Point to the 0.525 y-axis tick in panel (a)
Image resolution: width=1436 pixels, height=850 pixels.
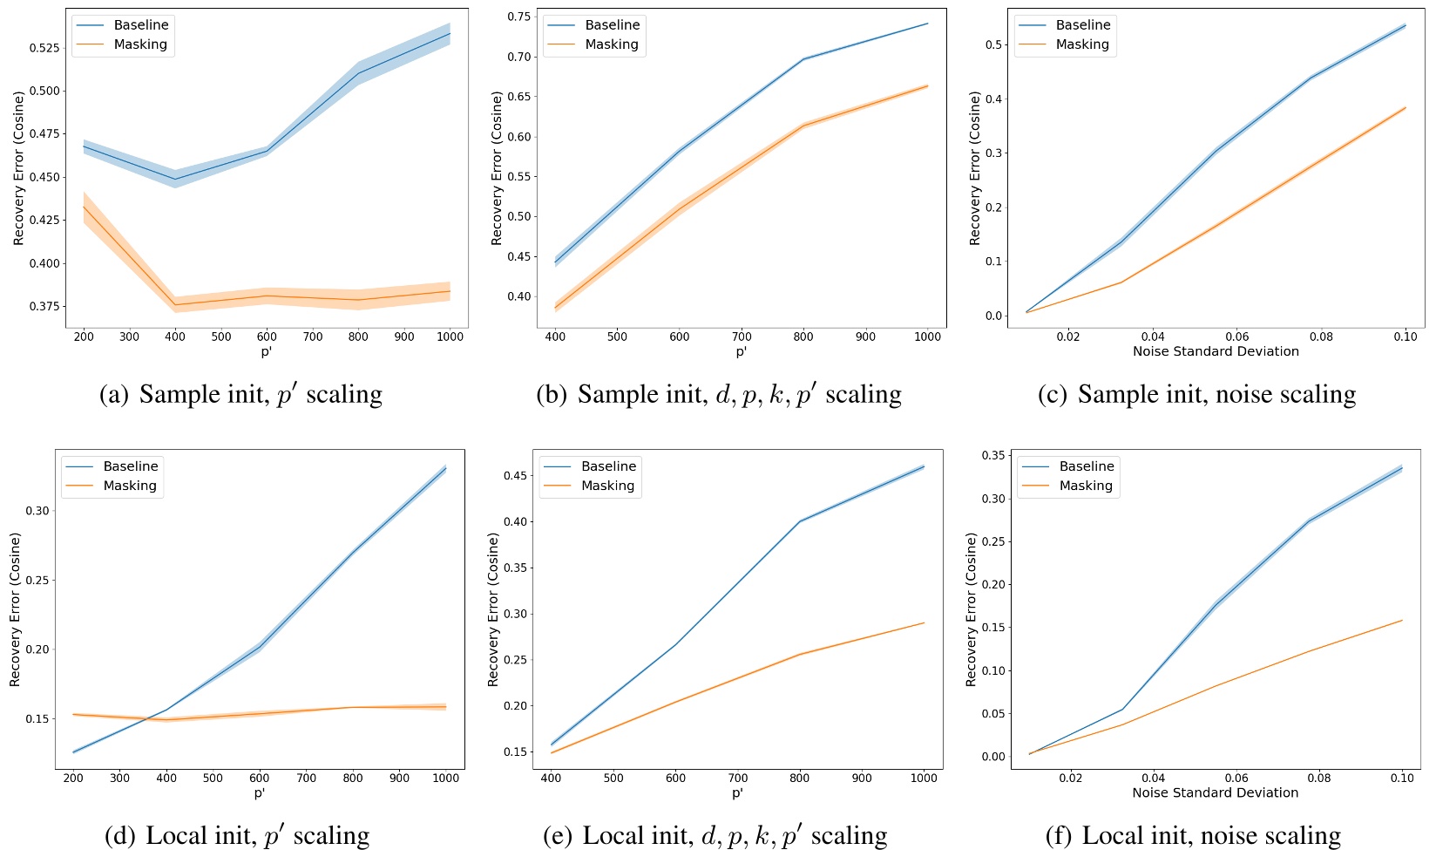point(44,47)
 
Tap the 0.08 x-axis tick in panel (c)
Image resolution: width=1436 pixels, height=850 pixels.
point(1321,337)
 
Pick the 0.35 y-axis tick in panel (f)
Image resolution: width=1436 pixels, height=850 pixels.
point(993,455)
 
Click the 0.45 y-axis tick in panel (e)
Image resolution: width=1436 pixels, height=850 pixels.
point(515,476)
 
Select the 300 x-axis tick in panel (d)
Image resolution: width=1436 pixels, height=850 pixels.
point(120,779)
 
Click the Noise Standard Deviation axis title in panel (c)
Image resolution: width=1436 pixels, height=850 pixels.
point(1215,351)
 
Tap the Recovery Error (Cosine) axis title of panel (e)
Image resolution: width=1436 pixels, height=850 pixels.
point(493,609)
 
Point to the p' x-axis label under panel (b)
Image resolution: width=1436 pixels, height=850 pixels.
point(741,351)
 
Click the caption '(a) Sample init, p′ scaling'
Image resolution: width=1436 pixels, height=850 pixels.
point(240,394)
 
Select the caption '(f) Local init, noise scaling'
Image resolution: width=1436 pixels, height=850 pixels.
point(1193,835)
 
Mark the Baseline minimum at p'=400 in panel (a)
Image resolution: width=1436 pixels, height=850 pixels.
point(175,179)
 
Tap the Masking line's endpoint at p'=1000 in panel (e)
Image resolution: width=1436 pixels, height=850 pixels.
point(924,622)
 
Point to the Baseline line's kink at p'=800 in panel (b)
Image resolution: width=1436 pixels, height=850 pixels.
point(803,59)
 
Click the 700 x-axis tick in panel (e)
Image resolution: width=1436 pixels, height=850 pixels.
point(737,779)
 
